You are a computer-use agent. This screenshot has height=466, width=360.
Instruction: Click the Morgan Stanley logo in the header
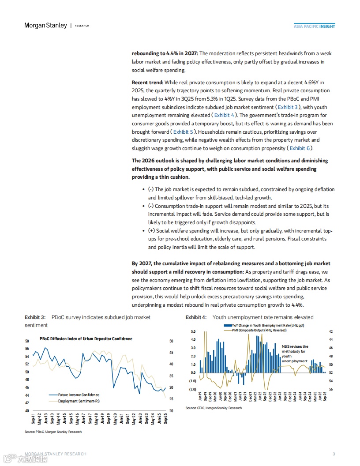click(x=45, y=26)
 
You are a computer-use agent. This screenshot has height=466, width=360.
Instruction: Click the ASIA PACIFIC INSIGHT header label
click(x=315, y=26)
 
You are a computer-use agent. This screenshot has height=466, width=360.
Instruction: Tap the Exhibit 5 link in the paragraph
click(x=183, y=132)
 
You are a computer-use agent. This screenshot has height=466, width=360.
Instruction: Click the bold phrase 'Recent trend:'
click(x=147, y=83)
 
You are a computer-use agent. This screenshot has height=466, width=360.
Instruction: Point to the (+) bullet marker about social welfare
click(x=151, y=231)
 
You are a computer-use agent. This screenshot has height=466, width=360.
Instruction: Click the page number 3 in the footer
click(x=334, y=454)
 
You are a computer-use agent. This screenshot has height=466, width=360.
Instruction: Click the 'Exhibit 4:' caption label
click(x=196, y=317)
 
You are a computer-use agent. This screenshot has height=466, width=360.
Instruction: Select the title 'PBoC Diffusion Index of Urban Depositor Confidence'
click(x=86, y=339)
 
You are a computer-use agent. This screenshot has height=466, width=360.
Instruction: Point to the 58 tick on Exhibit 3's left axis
click(x=27, y=341)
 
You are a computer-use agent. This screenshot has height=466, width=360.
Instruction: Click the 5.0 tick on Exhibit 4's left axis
click(x=193, y=331)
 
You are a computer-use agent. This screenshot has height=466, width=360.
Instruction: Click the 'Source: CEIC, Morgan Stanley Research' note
click(x=214, y=408)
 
